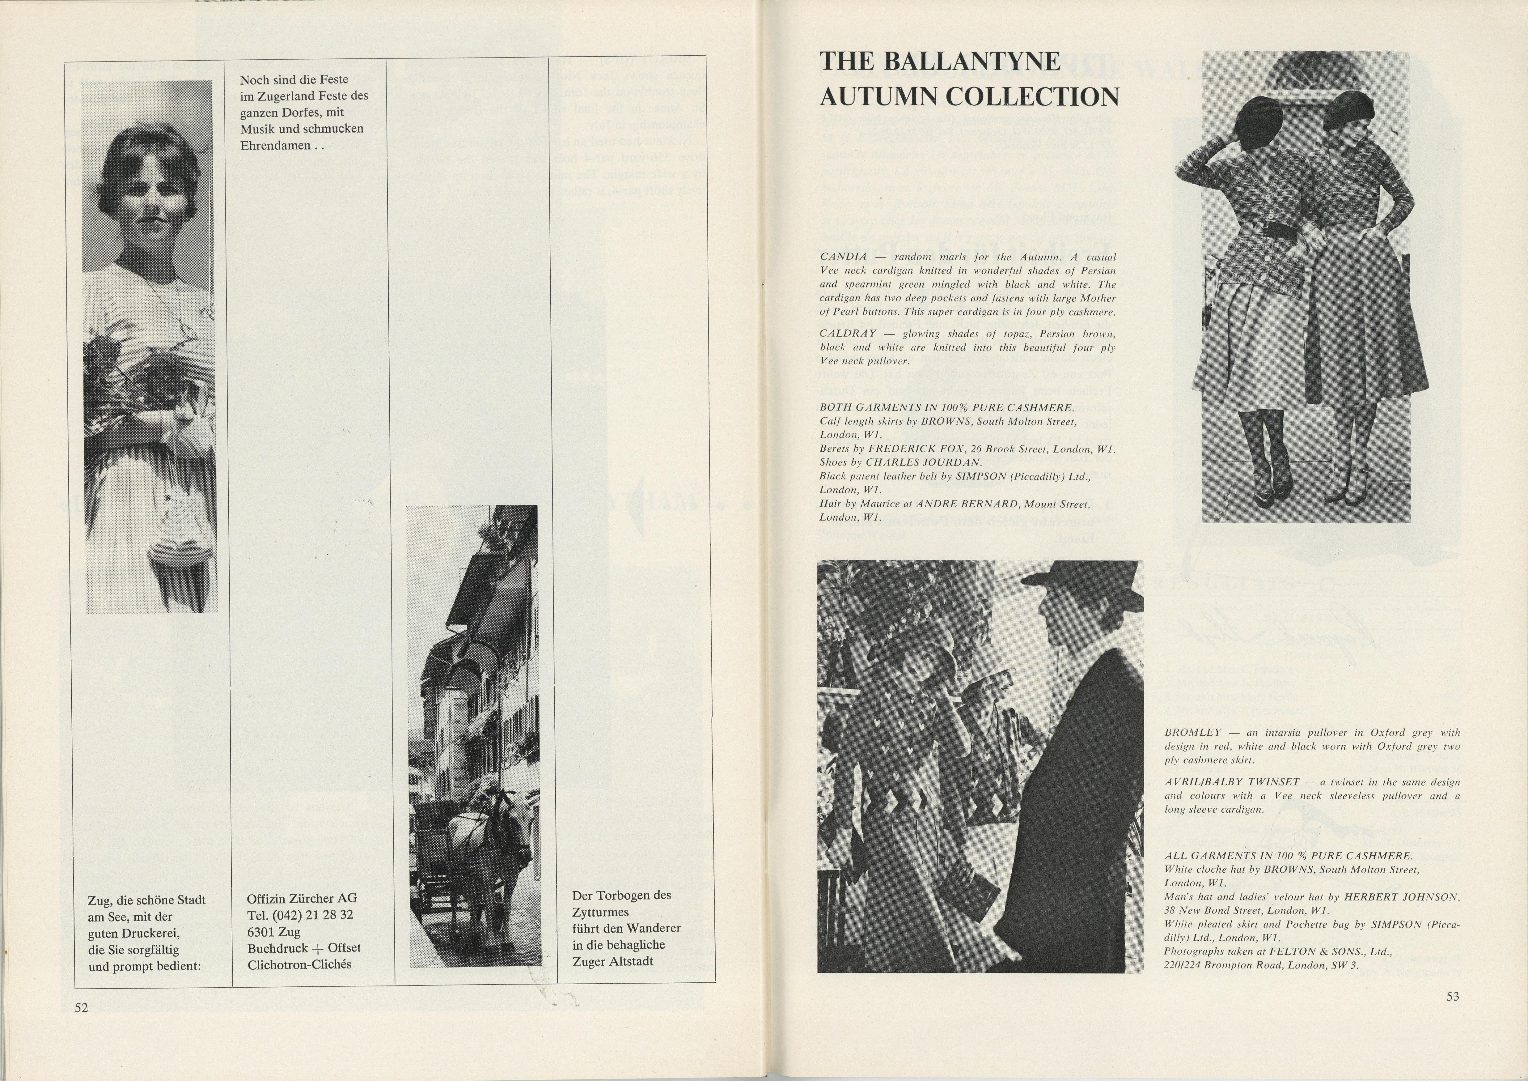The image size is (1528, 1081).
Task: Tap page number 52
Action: (x=81, y=1008)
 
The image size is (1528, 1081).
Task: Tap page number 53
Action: (x=1453, y=997)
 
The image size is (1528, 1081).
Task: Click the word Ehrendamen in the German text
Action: (x=275, y=145)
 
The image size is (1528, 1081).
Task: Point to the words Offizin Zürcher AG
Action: (x=302, y=898)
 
